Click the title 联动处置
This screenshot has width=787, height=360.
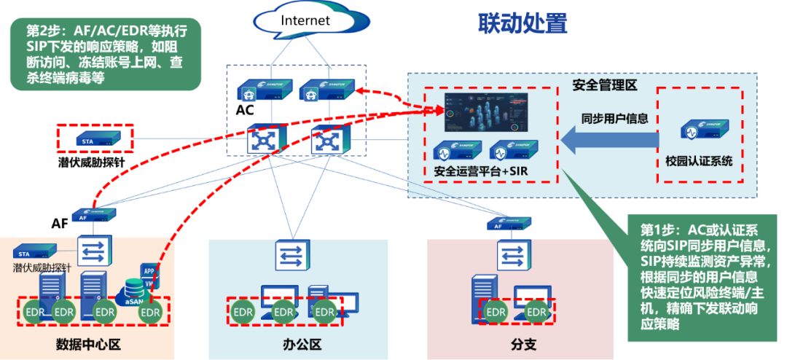tap(522, 23)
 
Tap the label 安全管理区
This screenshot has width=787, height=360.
tap(605, 85)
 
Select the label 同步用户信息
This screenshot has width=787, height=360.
tap(614, 118)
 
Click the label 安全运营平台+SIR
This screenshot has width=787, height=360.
tap(481, 172)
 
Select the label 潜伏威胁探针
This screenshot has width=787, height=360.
tap(42, 267)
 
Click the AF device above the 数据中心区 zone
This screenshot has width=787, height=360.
tap(94, 216)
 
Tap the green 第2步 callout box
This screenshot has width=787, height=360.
tap(105, 54)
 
